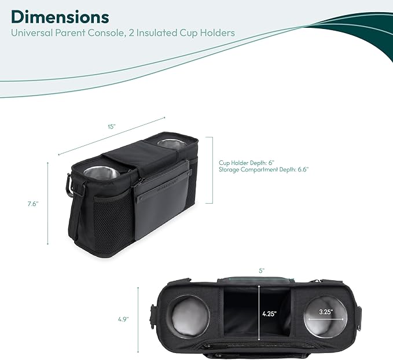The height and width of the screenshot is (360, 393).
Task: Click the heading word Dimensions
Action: pyautogui.click(x=60, y=17)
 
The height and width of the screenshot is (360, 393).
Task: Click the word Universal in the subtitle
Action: pyautogui.click(x=32, y=33)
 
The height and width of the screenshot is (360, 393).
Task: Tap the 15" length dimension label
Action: pyautogui.click(x=112, y=127)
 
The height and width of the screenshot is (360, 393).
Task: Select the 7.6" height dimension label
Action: pyautogui.click(x=33, y=204)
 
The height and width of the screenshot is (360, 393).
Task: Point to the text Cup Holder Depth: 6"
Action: pyautogui.click(x=247, y=163)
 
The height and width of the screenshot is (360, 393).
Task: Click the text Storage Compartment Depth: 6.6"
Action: pyautogui.click(x=264, y=170)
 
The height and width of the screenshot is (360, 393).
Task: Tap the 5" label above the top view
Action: pyautogui.click(x=262, y=271)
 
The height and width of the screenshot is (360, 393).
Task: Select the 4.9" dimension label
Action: pyautogui.click(x=123, y=319)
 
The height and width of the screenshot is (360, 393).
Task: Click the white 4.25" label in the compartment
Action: pyautogui.click(x=270, y=314)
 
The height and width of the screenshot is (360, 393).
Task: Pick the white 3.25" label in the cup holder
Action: pyautogui.click(x=326, y=312)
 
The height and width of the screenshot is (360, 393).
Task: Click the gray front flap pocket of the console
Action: pyautogui.click(x=162, y=201)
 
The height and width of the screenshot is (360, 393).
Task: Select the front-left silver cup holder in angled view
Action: pyautogui.click(x=102, y=172)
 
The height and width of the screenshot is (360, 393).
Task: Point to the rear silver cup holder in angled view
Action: pyautogui.click(x=172, y=144)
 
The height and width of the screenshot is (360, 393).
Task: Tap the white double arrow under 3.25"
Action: pyautogui.click(x=326, y=319)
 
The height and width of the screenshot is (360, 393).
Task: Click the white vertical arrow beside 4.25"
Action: pyautogui.click(x=259, y=313)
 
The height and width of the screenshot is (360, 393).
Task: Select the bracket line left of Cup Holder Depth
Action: pyautogui.click(x=212, y=170)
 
